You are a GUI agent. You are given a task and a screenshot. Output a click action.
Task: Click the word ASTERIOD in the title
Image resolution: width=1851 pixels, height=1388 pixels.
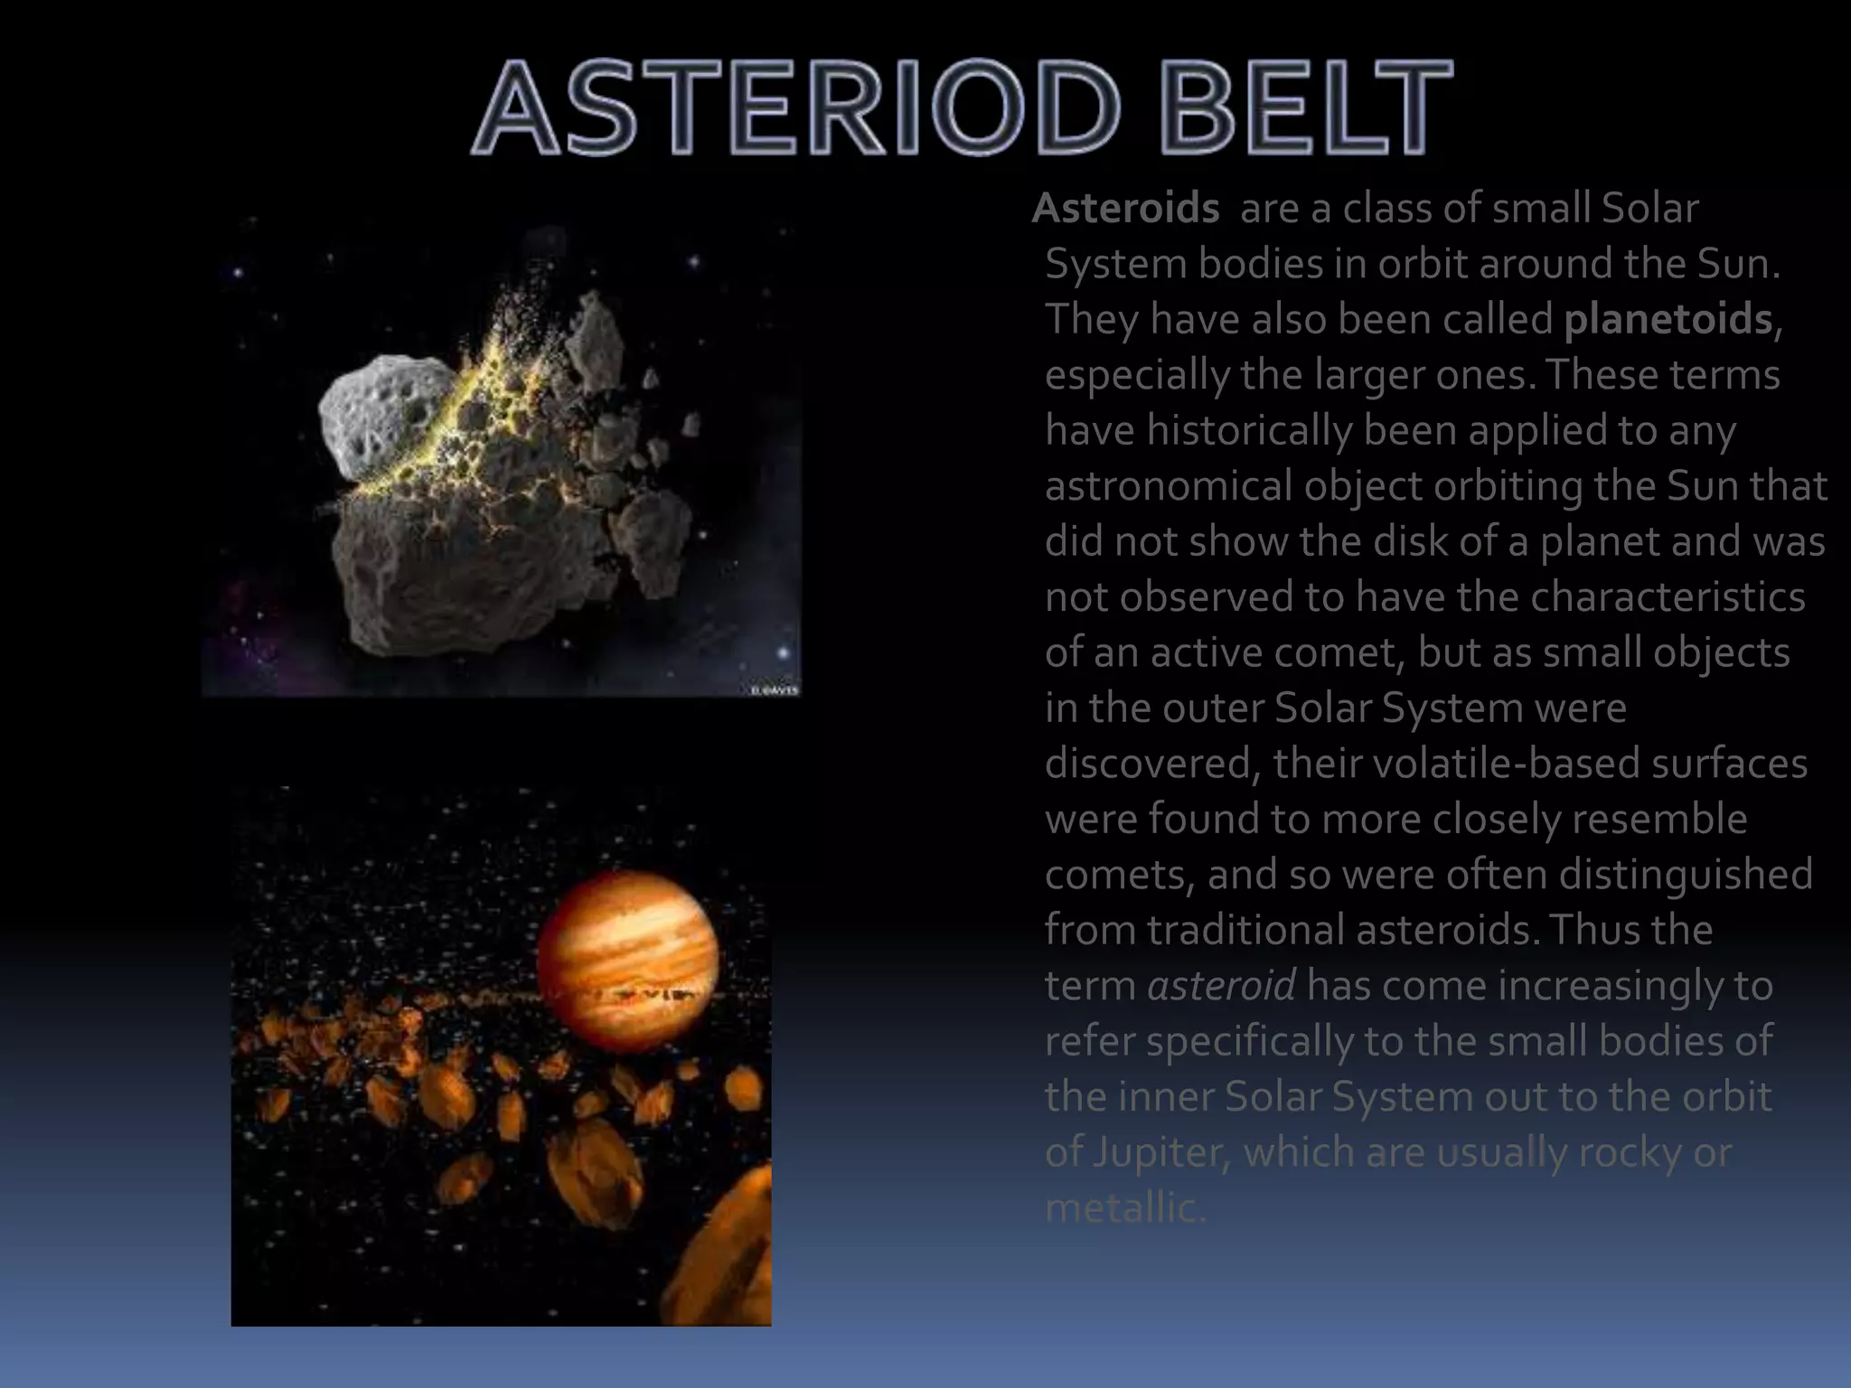pos(795,108)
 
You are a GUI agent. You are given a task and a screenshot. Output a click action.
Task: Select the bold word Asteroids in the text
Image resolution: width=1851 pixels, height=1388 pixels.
pos(1126,209)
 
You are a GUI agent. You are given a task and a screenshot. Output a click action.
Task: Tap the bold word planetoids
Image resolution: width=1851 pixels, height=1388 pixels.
pos(1668,320)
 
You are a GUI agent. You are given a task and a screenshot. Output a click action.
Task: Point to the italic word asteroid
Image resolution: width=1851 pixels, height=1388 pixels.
pos(1221,985)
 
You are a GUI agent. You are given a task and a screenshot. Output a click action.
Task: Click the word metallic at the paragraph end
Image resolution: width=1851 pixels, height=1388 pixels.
pos(1124,1208)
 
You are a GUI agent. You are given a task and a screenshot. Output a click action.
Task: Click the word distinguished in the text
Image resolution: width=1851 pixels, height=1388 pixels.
pos(1685,875)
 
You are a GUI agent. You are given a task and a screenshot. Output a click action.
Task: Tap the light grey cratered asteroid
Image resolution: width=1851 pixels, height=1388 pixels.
pos(384,416)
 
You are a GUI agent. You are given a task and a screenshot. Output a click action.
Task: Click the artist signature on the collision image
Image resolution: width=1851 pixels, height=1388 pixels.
pos(775,690)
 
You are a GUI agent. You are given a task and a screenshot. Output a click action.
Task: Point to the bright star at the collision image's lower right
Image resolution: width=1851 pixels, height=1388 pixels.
pos(783,652)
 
